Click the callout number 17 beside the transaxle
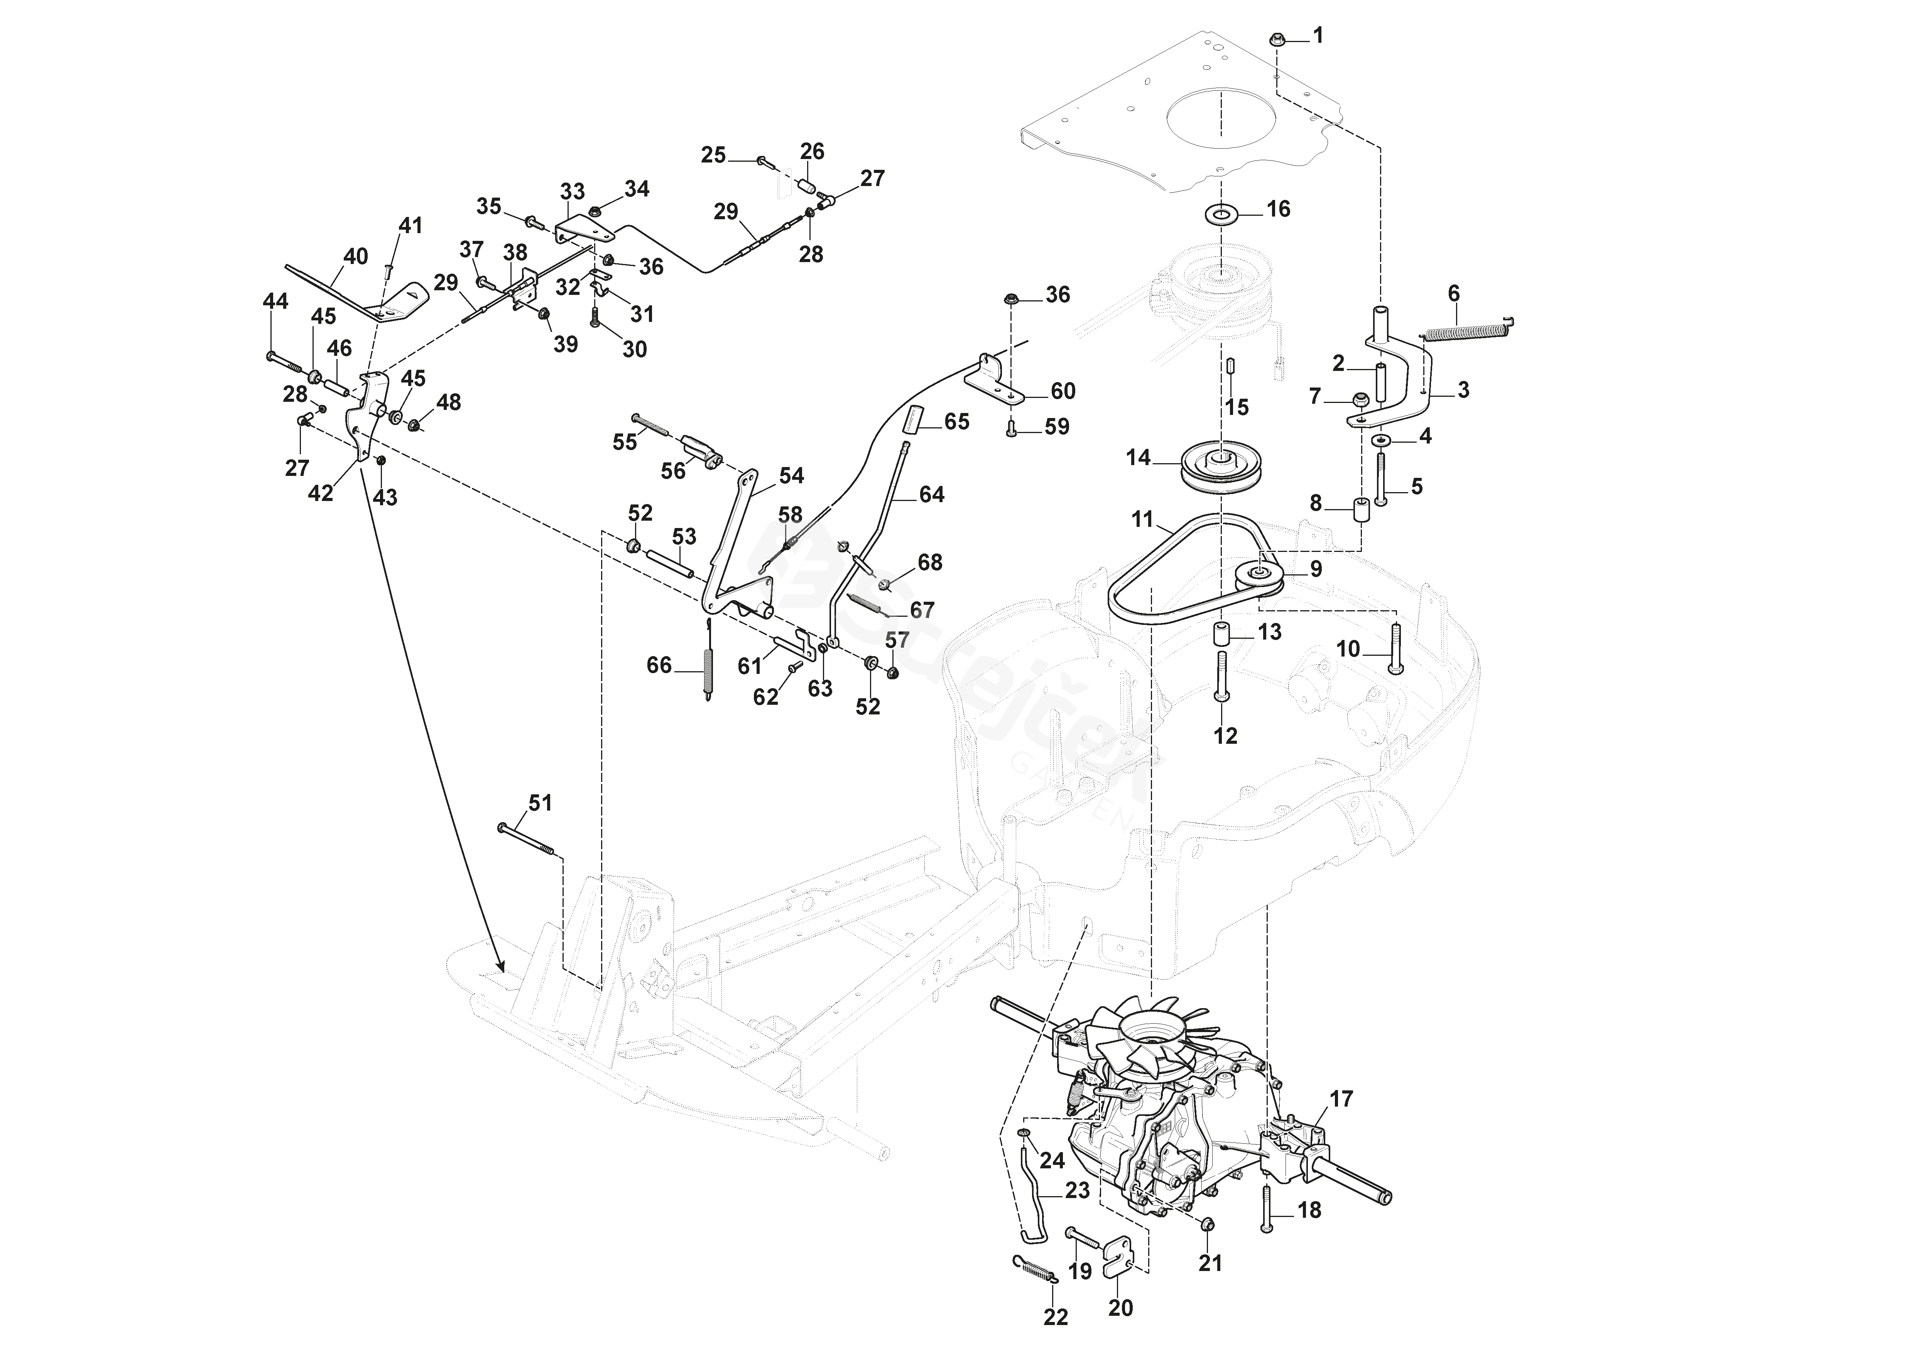click(x=1341, y=1099)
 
